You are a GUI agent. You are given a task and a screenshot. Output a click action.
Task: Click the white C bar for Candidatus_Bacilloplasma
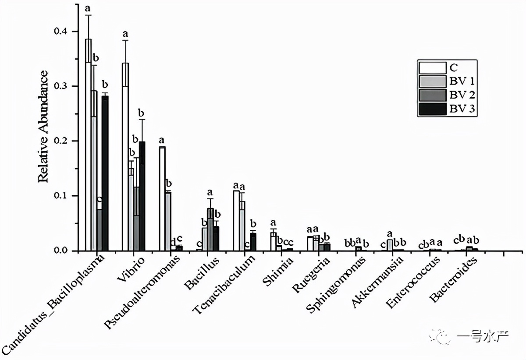pos(88,145)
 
